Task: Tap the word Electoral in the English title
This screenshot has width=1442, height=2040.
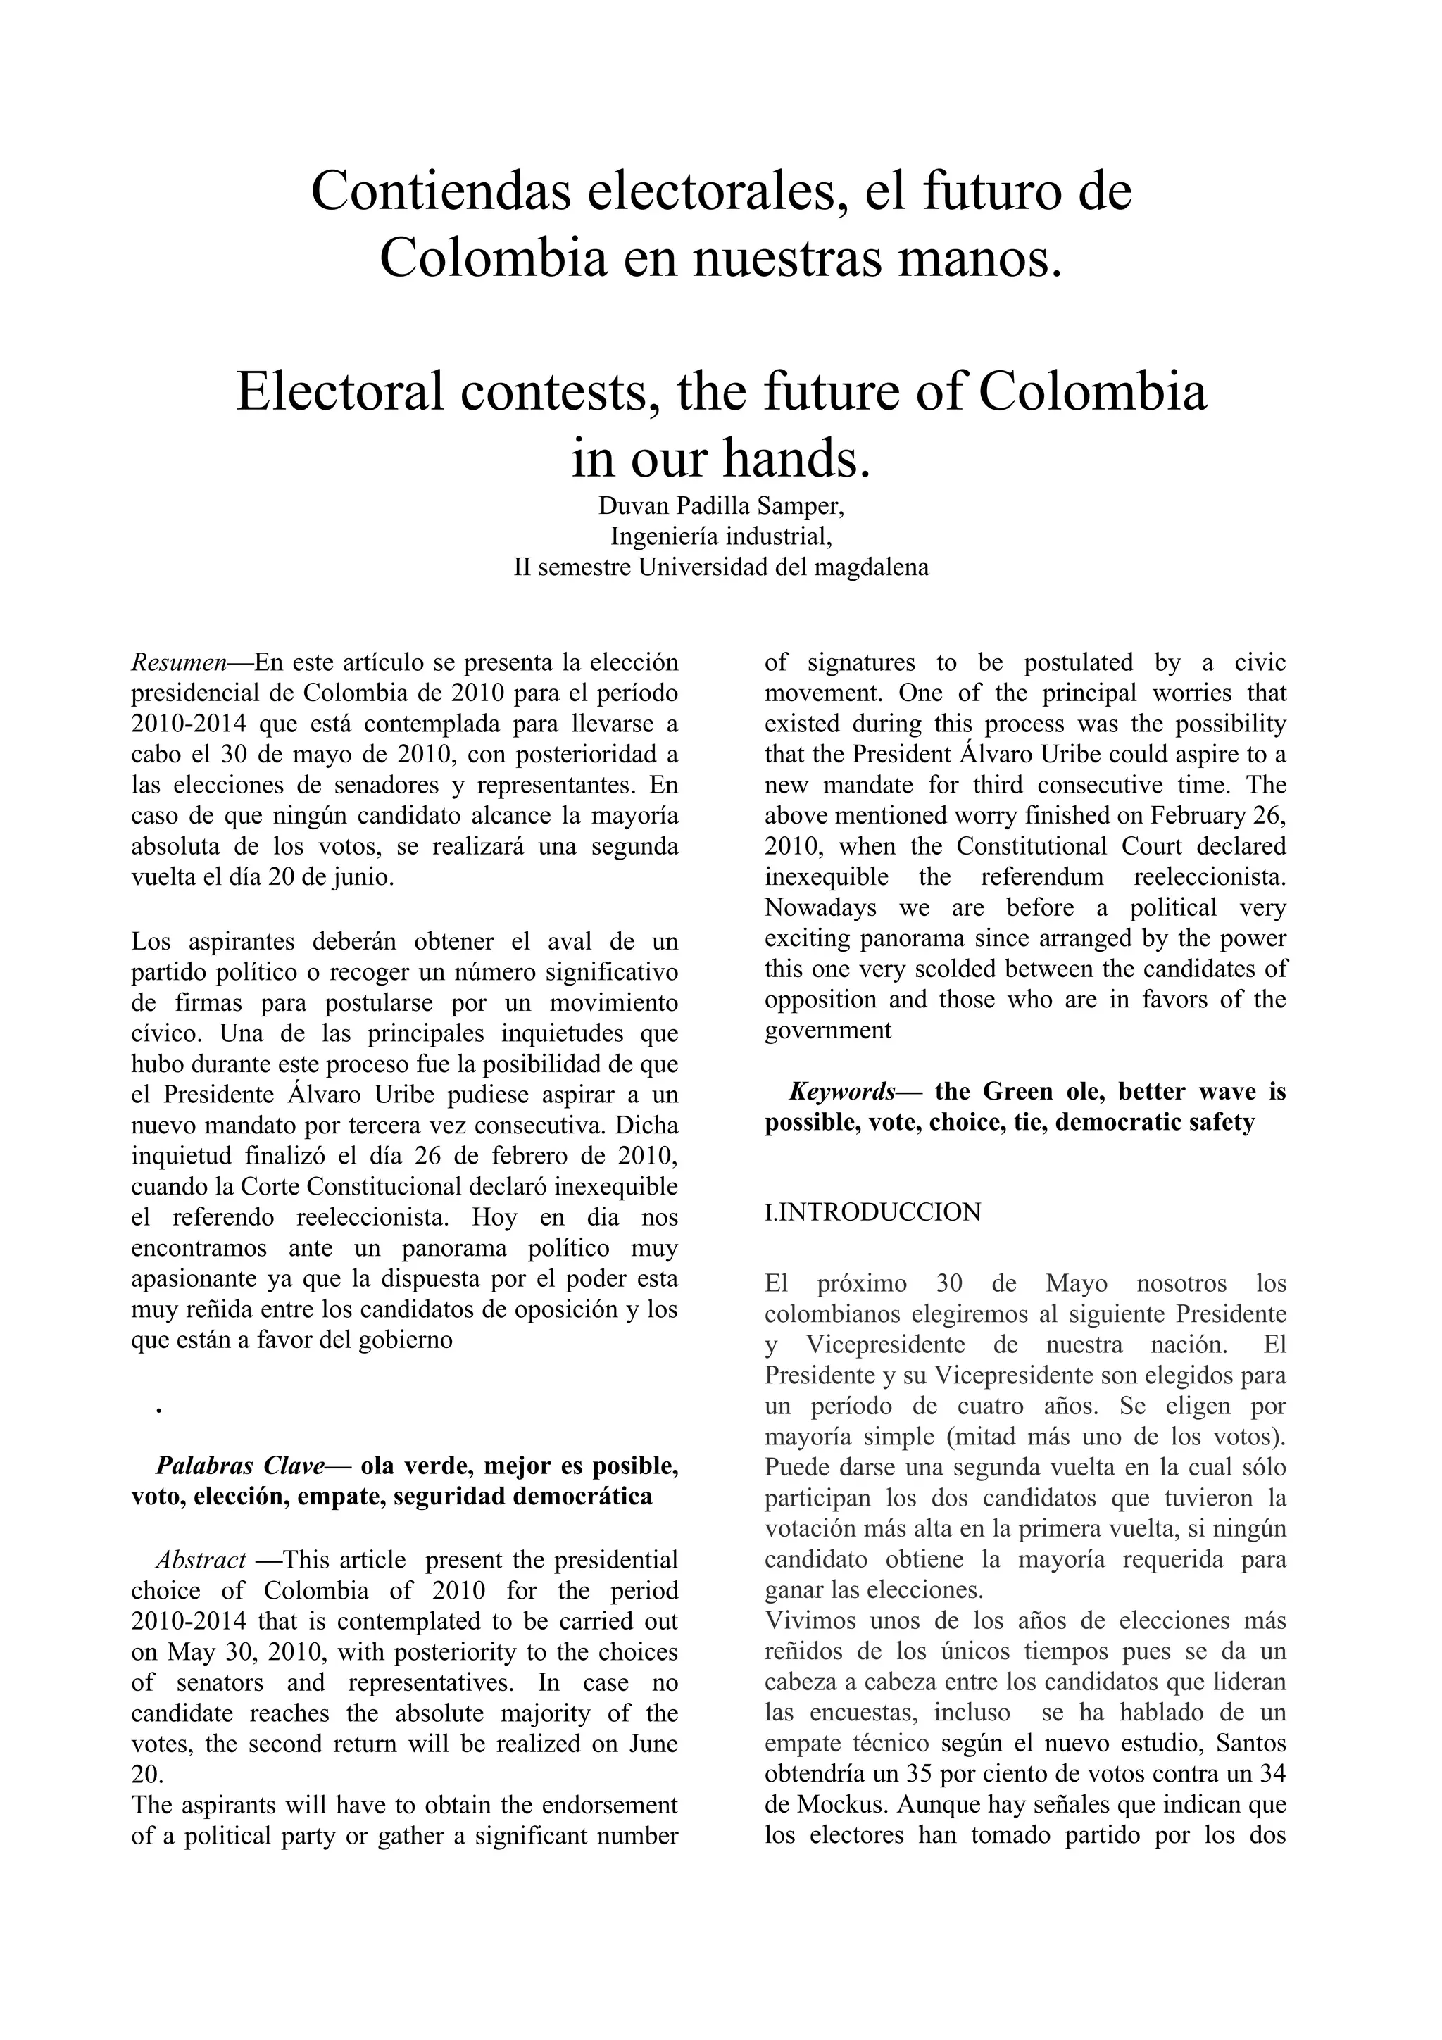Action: point(339,392)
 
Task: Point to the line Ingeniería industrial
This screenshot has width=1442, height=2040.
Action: point(720,536)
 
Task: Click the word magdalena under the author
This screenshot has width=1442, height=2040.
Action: point(875,567)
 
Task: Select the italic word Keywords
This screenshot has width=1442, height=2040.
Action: point(841,1092)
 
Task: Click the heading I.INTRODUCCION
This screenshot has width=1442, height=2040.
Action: point(872,1213)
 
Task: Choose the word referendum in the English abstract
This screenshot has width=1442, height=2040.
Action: point(1043,878)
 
